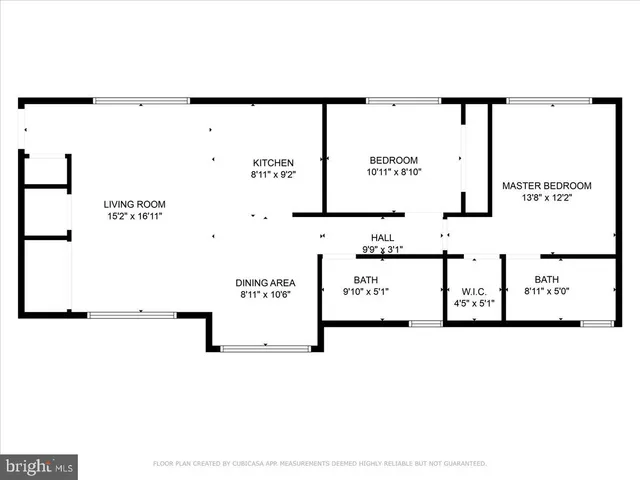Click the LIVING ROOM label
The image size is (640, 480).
pos(135,204)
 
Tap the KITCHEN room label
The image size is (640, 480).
pos(272,163)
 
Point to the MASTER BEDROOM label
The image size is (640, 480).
pos(546,186)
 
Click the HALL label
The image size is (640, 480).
pos(383,237)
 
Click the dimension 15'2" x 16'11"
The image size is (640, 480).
pos(135,215)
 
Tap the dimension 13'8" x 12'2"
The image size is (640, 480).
pos(546,198)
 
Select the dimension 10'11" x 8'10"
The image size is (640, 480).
pos(393,172)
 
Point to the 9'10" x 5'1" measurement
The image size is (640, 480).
pos(366,292)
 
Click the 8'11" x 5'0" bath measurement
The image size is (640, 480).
pos(546,292)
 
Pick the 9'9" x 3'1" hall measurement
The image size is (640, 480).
pos(383,249)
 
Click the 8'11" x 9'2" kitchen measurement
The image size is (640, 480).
pos(272,175)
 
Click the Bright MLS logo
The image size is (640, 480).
pos(40,466)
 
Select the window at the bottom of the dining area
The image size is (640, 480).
pos(265,348)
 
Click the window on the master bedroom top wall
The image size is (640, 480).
pos(549,101)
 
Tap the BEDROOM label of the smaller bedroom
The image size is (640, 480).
pos(393,160)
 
